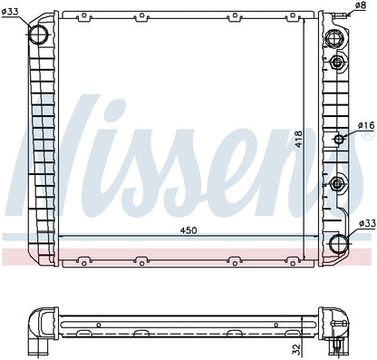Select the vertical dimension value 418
point(298,141)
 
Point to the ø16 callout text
point(365,125)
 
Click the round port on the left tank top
point(39,34)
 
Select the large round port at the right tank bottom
point(338,242)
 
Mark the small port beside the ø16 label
point(341,139)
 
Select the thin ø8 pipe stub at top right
point(350,17)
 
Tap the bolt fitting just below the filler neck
point(339,63)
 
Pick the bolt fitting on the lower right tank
point(339,185)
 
